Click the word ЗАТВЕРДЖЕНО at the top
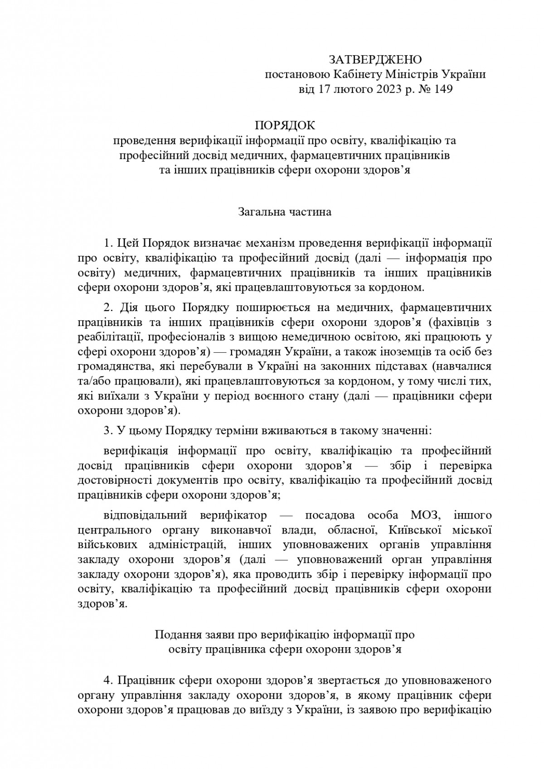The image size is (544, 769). point(375,60)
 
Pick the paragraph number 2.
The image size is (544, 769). point(107,308)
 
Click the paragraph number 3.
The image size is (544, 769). point(107,430)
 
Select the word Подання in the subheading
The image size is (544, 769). point(175,634)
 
